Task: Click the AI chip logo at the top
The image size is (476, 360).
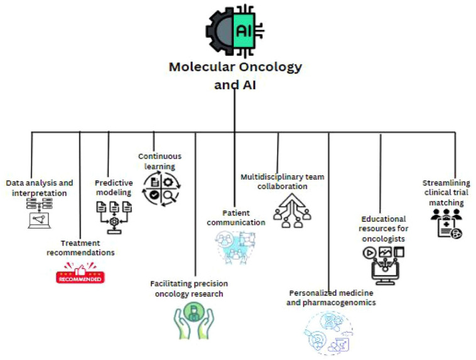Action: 234,31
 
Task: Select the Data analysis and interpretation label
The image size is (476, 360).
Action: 40,187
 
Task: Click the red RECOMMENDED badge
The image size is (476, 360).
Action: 80,274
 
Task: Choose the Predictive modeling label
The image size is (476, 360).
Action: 114,187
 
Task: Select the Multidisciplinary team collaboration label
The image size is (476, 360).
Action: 282,181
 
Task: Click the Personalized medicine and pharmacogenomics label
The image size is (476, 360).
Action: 332,297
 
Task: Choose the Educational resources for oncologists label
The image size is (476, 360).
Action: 384,234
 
